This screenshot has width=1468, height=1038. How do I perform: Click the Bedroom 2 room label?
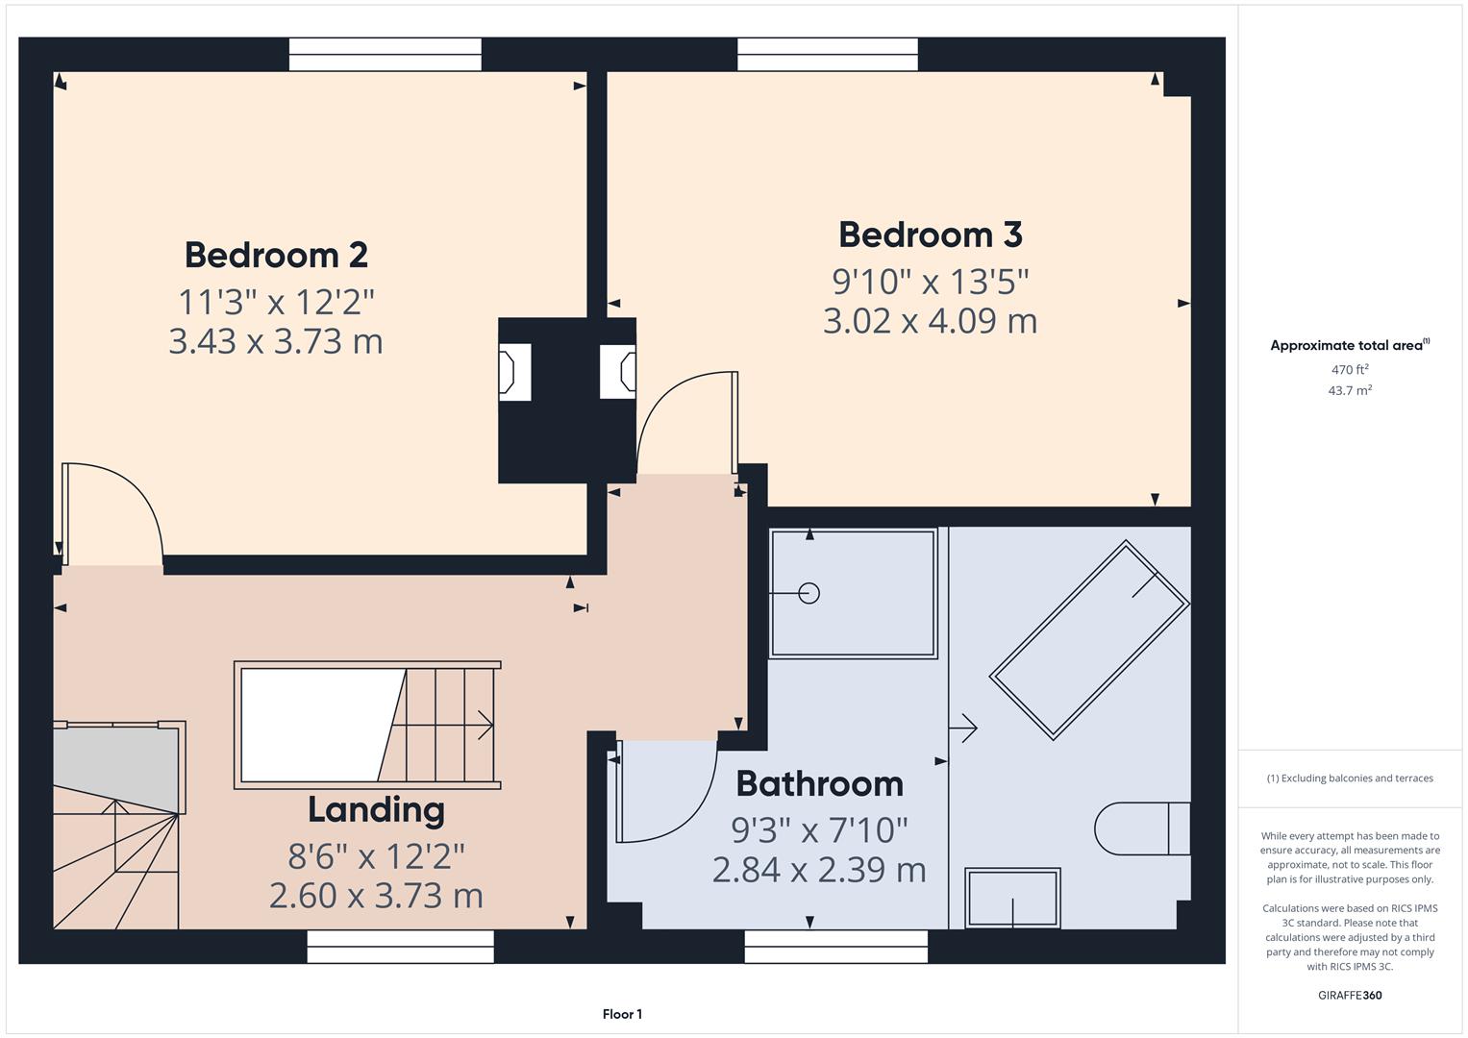click(x=276, y=255)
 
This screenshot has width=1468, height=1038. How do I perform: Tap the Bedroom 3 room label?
click(x=930, y=235)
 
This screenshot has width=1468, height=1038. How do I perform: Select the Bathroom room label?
click(x=819, y=784)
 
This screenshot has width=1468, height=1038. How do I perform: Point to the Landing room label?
click(x=376, y=810)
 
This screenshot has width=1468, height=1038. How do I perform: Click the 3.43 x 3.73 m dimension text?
click(x=276, y=341)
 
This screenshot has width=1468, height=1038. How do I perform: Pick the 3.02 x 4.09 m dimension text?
click(x=930, y=321)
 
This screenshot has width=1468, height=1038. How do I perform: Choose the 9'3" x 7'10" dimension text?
click(x=819, y=828)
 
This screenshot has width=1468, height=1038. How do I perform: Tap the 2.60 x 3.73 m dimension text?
click(x=376, y=896)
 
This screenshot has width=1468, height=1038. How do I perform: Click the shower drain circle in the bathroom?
click(x=809, y=593)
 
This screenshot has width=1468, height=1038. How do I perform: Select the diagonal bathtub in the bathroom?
click(x=1089, y=640)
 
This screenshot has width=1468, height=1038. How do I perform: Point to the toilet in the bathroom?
click(x=1140, y=828)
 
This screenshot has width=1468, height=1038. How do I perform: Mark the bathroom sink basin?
click(x=1013, y=899)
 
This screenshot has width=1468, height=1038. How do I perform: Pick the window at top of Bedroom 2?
click(x=385, y=54)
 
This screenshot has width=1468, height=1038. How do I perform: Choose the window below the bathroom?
click(x=835, y=947)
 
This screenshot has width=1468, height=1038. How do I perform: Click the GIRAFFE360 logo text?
click(x=1349, y=995)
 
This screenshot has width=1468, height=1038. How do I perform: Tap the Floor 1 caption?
click(x=622, y=1014)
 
